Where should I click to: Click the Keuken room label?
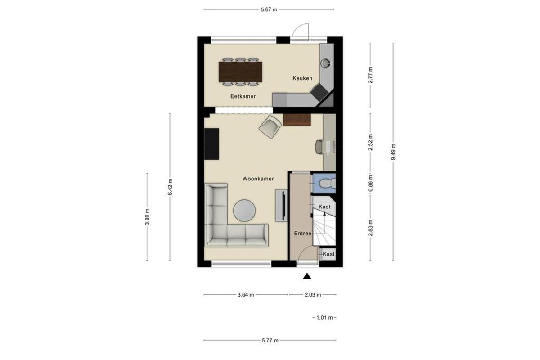pyautogui.click(x=302, y=78)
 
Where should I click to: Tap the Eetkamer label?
pyautogui.click(x=243, y=96)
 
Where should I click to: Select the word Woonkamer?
pyautogui.click(x=258, y=179)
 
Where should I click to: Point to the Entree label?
pyautogui.click(x=302, y=234)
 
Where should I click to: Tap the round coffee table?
pyautogui.click(x=244, y=211)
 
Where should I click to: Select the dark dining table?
pyautogui.click(x=240, y=72)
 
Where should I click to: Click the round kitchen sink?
pyautogui.click(x=325, y=63)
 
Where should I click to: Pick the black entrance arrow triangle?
pyautogui.click(x=307, y=276)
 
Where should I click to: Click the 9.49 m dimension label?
pyautogui.click(x=393, y=152)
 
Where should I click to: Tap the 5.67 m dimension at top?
pyautogui.click(x=269, y=9)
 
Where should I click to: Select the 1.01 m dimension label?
pyautogui.click(x=324, y=318)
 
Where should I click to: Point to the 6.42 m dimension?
pyautogui.click(x=170, y=187)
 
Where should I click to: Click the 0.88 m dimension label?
pyautogui.click(x=370, y=183)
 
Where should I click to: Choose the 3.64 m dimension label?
pyautogui.click(x=246, y=295)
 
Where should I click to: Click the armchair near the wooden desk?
pyautogui.click(x=270, y=126)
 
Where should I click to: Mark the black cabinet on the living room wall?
pyautogui.click(x=211, y=144)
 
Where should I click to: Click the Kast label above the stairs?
pyautogui.click(x=324, y=207)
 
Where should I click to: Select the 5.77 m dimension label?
pyautogui.click(x=270, y=341)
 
